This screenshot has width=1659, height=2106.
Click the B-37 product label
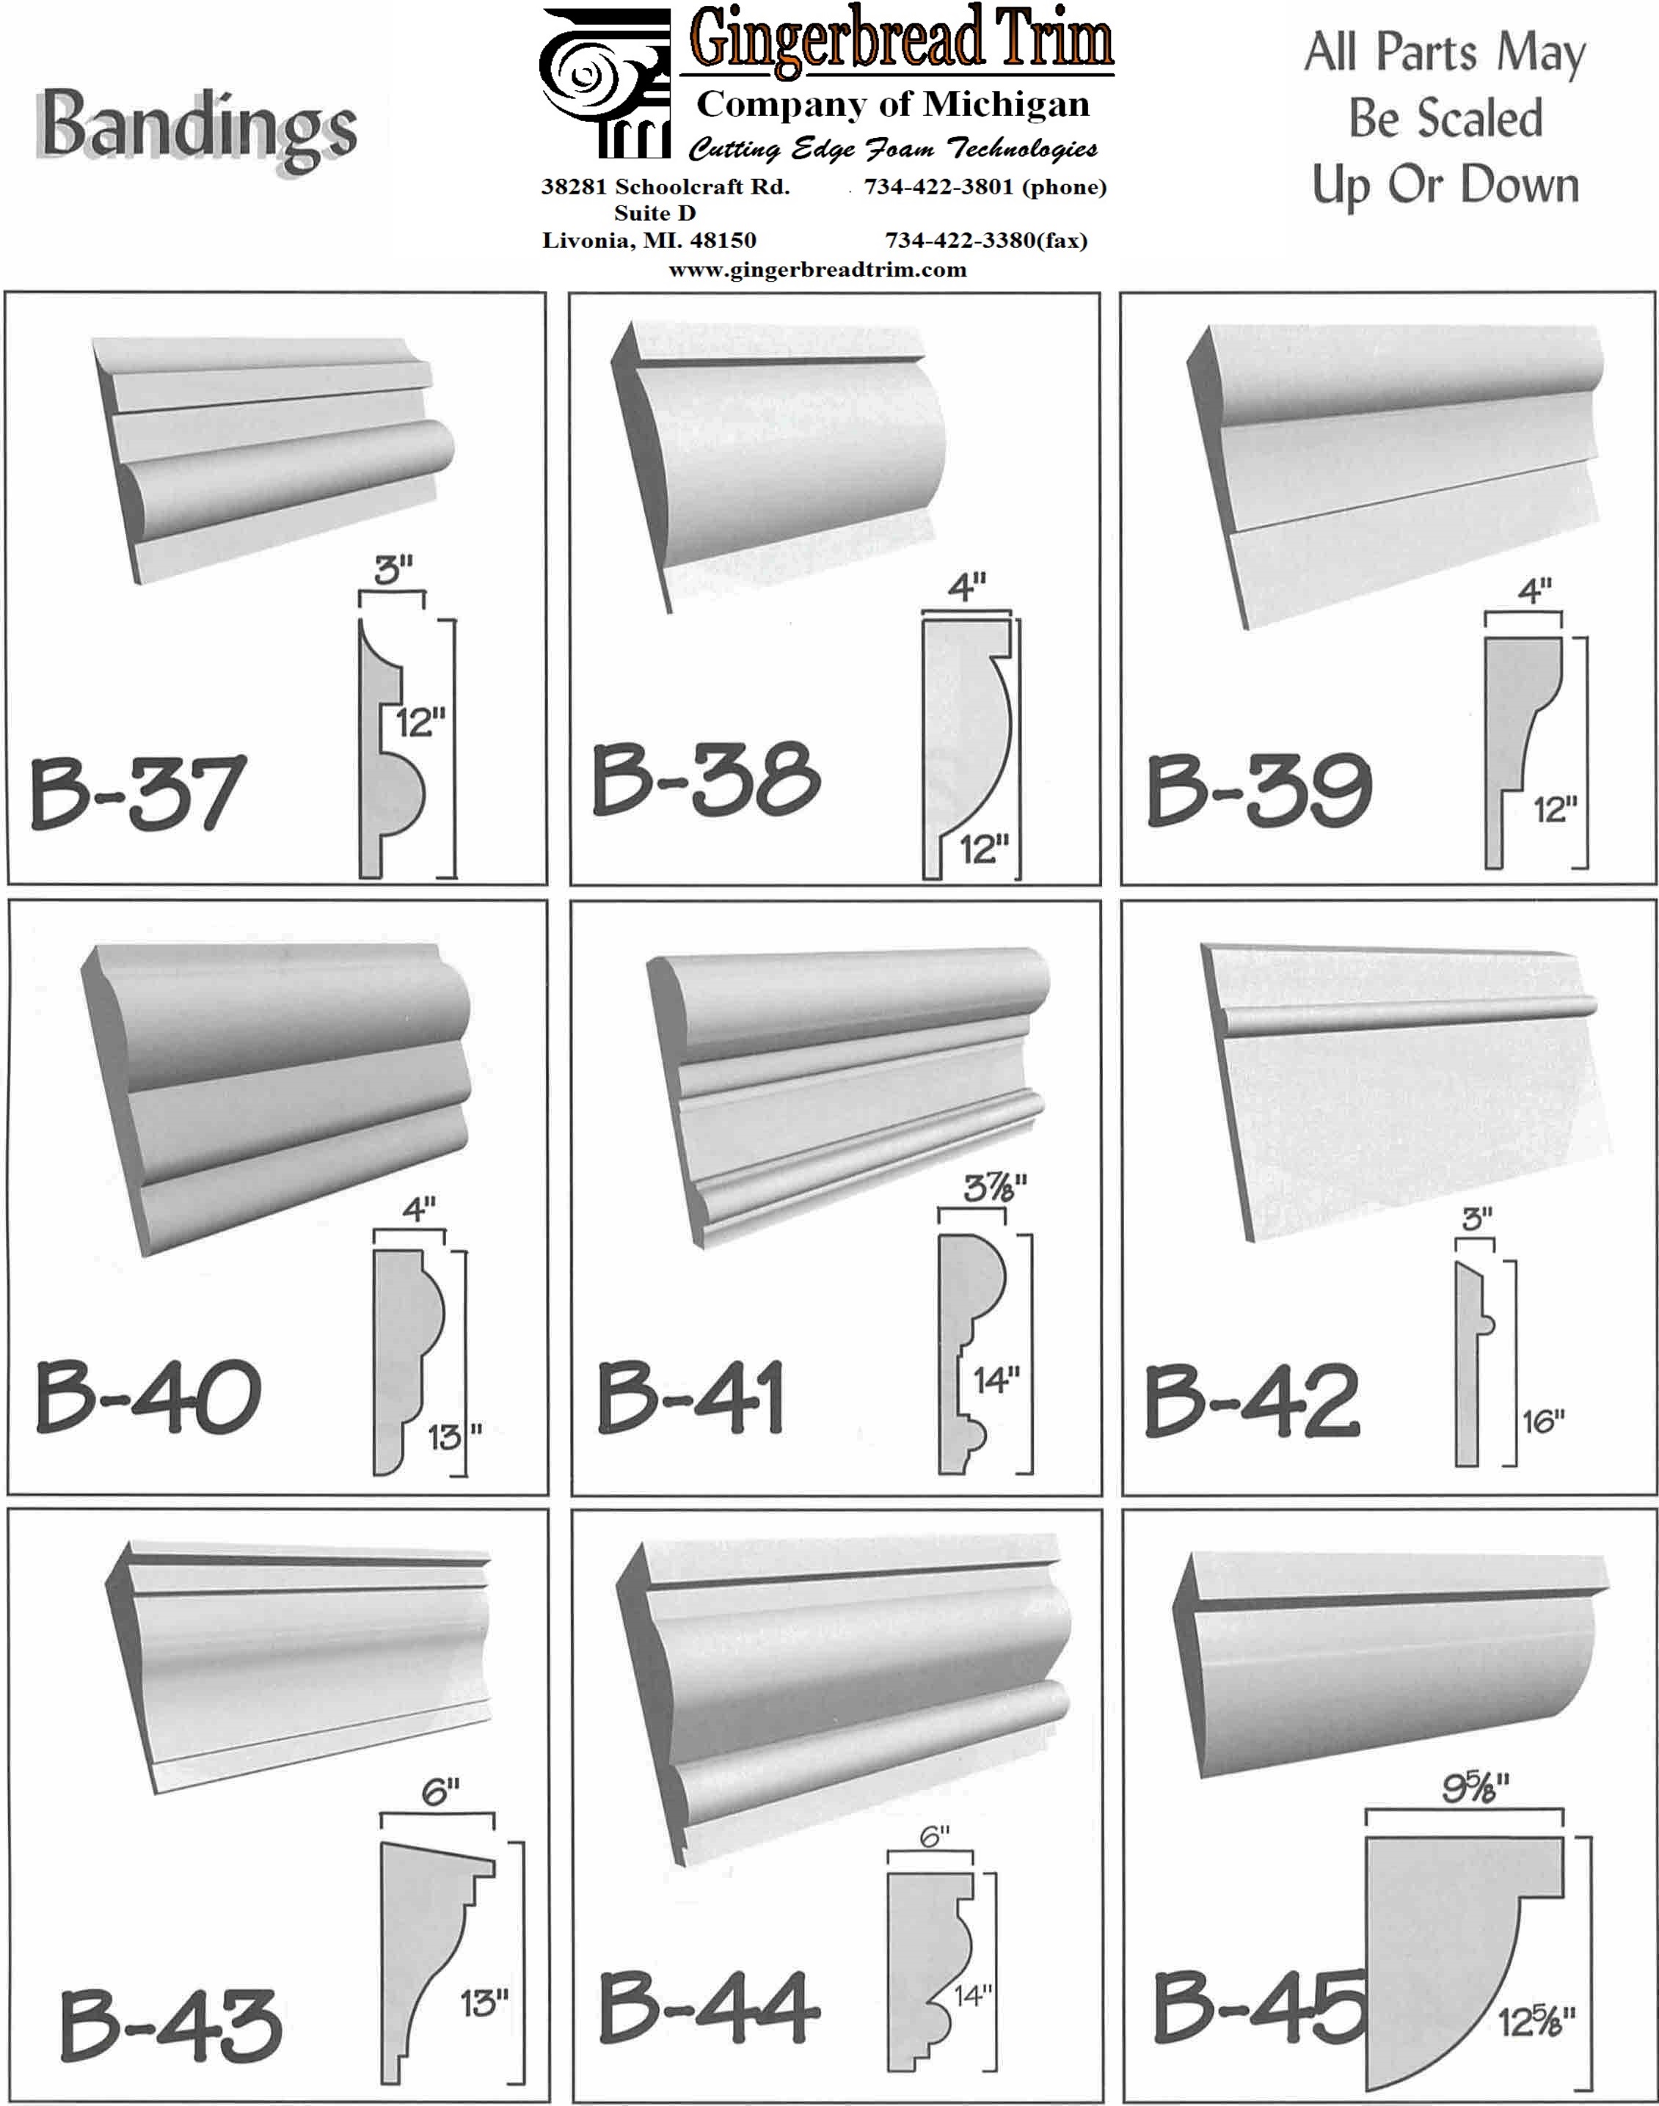point(137,792)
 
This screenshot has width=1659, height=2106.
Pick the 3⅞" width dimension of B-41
point(993,1188)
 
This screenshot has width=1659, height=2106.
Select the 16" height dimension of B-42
point(1543,1422)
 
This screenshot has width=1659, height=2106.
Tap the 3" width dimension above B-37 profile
point(393,571)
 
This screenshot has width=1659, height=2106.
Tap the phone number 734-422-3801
point(939,186)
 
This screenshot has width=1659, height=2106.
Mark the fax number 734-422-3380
point(960,240)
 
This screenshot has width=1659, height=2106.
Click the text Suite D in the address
point(655,213)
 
